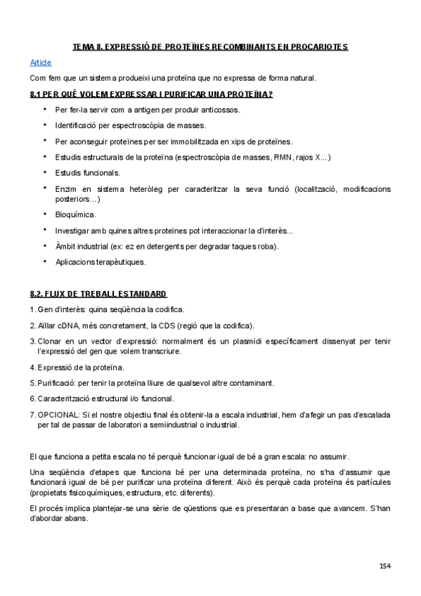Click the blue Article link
pos(41,63)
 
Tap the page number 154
pos(385,566)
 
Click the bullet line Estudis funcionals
pos(87,172)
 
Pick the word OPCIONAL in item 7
pos(58,415)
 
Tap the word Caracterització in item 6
pos(65,399)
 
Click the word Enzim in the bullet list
pos(66,189)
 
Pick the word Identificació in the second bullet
pos(77,125)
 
